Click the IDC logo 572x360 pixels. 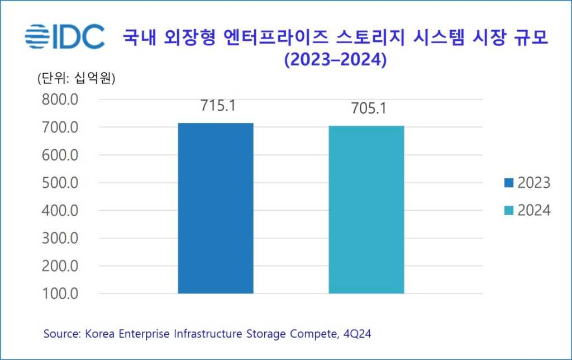pyautogui.click(x=64, y=37)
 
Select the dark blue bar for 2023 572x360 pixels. pyautogui.click(x=216, y=208)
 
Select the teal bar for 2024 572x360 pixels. pyautogui.click(x=366, y=210)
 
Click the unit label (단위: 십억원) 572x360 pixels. pyautogui.click(x=76, y=78)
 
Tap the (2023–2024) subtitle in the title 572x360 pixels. pyautogui.click(x=335, y=60)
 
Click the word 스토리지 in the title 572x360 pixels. pyautogui.click(x=380, y=37)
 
